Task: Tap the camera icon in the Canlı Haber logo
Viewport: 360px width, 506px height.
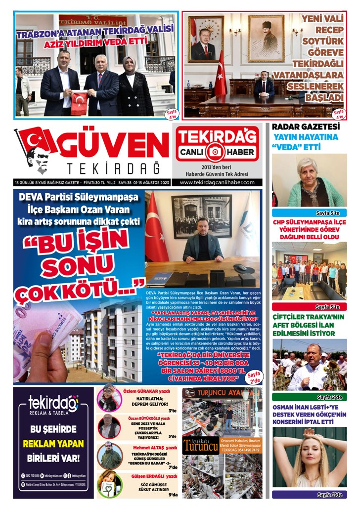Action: tap(216, 152)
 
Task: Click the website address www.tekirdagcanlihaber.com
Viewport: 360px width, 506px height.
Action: tap(218, 182)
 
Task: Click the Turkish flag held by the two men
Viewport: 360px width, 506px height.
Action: tap(79, 103)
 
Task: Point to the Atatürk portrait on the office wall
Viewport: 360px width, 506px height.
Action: tap(266, 38)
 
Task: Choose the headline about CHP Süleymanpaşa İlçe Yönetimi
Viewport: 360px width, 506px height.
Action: tap(310, 230)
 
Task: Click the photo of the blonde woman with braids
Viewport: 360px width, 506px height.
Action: tap(310, 457)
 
